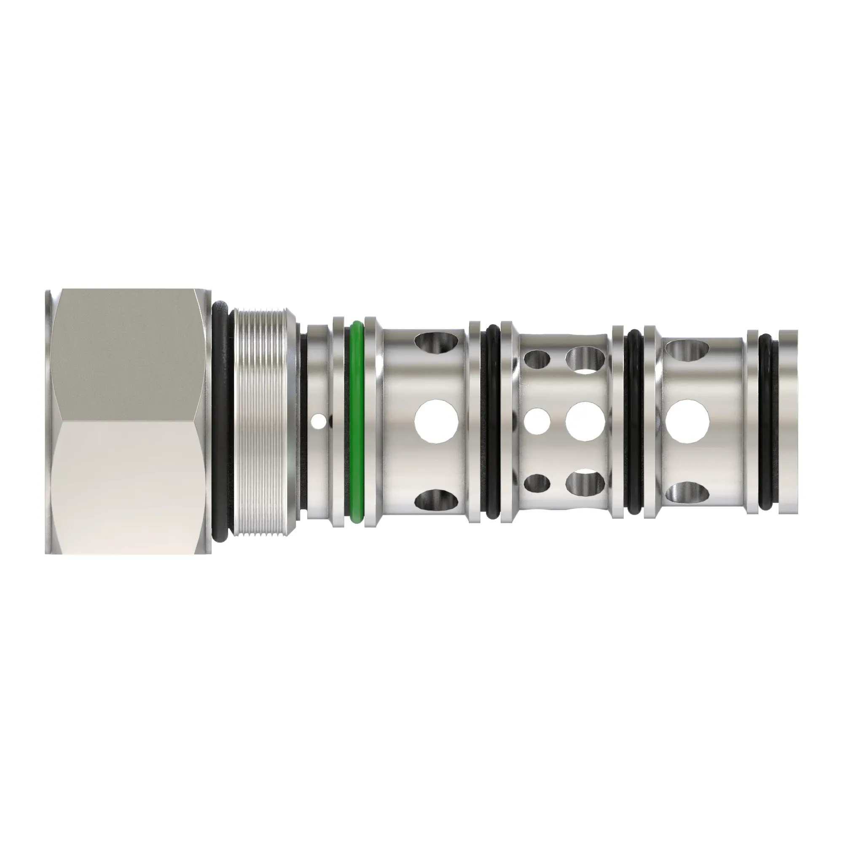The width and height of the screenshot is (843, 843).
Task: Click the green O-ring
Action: (x=357, y=421)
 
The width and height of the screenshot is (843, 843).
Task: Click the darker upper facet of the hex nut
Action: (x=126, y=354)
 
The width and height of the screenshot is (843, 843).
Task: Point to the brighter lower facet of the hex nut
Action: (x=126, y=484)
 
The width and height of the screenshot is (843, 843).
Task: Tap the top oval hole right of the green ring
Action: (x=433, y=342)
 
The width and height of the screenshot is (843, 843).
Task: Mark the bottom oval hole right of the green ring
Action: (x=433, y=500)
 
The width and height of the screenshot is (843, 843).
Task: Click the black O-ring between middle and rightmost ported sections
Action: (x=634, y=421)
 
